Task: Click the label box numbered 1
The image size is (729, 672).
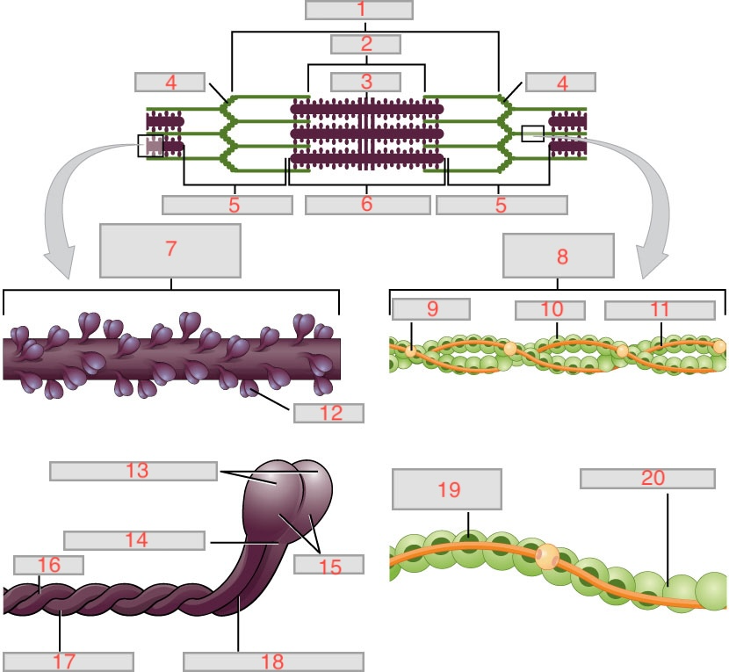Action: pyautogui.click(x=359, y=10)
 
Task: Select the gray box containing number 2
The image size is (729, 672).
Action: pyautogui.click(x=365, y=44)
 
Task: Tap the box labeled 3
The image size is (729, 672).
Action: pyautogui.click(x=365, y=82)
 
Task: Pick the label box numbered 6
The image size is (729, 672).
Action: pyautogui.click(x=367, y=205)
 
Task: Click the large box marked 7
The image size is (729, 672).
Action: pyautogui.click(x=170, y=249)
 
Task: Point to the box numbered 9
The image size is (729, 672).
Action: pyautogui.click(x=430, y=308)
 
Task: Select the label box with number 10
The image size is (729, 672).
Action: pyautogui.click(x=550, y=309)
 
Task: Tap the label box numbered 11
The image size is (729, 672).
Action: pyautogui.click(x=660, y=309)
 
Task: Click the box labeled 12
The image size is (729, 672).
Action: pyautogui.click(x=329, y=412)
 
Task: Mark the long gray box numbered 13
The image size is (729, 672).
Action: pyautogui.click(x=133, y=471)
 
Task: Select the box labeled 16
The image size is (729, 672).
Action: pyautogui.click(x=49, y=564)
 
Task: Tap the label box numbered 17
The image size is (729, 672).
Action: pyautogui.click(x=68, y=661)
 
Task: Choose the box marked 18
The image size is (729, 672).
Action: pyautogui.click(x=273, y=661)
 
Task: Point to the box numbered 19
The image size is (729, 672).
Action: pyautogui.click(x=447, y=489)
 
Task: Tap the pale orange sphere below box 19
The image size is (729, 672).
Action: pyautogui.click(x=547, y=556)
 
